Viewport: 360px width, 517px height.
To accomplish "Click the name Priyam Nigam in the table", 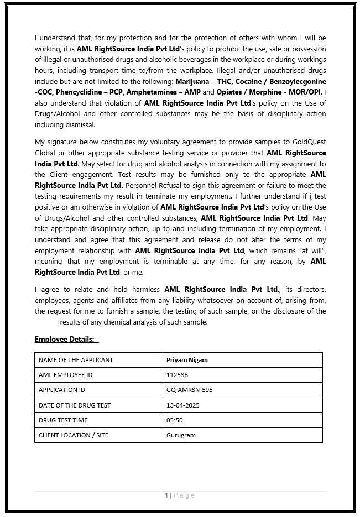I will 187,360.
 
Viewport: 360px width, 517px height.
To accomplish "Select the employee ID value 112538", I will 177,375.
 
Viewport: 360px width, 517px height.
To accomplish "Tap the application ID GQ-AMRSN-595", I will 189,390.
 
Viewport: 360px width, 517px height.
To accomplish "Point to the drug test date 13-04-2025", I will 182,405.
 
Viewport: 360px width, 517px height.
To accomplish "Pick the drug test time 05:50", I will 174,420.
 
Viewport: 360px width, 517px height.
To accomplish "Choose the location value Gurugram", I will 181,435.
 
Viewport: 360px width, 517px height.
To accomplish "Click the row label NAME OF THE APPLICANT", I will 76,360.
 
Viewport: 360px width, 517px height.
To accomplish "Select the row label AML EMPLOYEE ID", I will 65,375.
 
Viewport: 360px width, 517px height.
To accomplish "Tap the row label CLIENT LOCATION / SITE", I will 74,435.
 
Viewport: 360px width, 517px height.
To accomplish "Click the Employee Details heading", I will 66,339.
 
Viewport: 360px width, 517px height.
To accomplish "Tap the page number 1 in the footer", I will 166,495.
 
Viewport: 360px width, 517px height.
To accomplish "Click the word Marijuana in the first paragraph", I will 193,81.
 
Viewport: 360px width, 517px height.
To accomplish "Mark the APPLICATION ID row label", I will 62,390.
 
